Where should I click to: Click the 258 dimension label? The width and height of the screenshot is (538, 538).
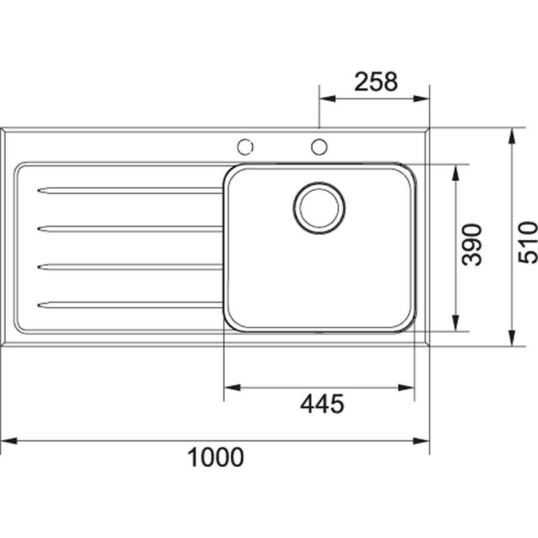(376, 82)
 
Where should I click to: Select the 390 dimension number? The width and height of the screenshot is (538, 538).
(472, 245)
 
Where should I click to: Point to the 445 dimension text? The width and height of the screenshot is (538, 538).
(322, 404)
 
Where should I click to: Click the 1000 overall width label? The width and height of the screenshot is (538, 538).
(215, 457)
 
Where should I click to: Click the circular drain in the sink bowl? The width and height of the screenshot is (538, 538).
(319, 208)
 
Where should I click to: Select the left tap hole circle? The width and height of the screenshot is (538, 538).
(245, 146)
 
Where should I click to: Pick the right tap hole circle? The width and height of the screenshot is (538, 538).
(319, 146)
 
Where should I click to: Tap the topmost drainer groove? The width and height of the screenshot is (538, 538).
(130, 191)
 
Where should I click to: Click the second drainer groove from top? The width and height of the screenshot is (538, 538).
(130, 229)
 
